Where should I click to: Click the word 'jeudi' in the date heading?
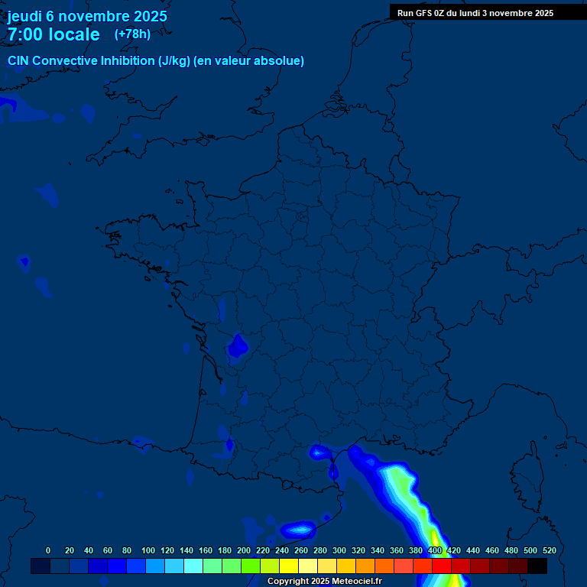click(24, 16)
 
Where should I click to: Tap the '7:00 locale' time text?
click(54, 34)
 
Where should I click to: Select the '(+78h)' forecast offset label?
click(132, 34)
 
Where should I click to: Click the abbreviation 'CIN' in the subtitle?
click(19, 61)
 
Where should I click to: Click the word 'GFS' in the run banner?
click(424, 13)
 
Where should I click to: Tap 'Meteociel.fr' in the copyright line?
click(357, 581)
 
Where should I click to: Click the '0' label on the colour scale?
click(48, 550)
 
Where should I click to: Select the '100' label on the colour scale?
click(148, 550)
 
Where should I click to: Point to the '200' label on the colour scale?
click(244, 550)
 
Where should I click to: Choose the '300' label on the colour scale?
click(339, 550)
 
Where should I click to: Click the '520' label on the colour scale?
click(549, 550)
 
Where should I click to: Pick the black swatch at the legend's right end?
click(537, 566)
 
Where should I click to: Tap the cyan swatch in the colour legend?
click(193, 566)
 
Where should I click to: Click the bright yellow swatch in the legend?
click(289, 566)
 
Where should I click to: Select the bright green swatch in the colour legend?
click(251, 566)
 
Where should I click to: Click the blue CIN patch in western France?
click(238, 346)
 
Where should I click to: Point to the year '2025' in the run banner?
click(543, 13)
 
